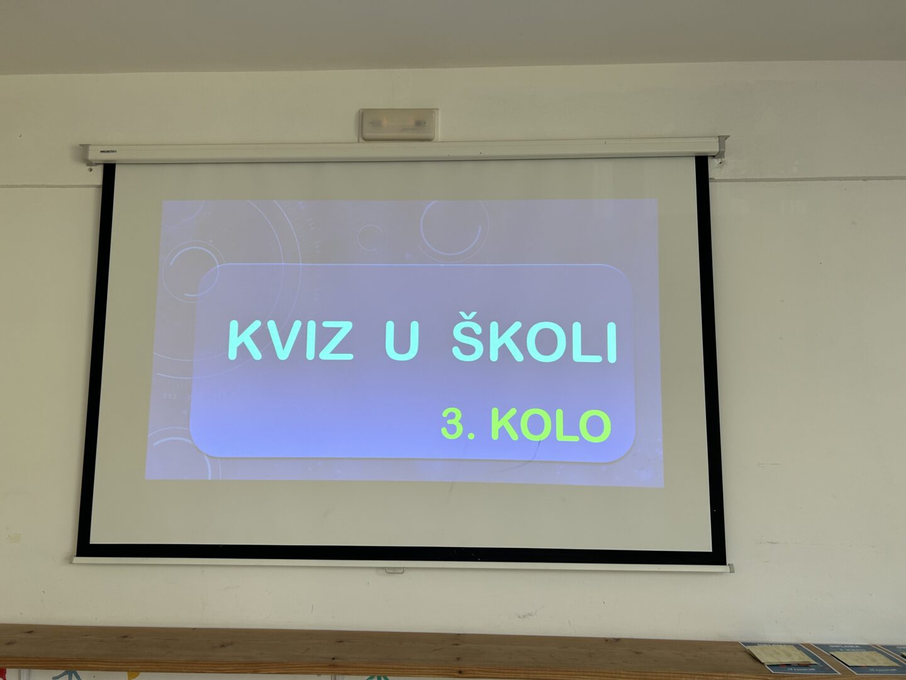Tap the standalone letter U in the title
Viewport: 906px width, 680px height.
[x=402, y=341]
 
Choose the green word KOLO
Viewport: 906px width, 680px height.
[x=551, y=426]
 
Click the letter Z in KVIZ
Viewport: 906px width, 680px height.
[x=335, y=341]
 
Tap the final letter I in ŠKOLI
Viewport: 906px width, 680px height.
[x=613, y=343]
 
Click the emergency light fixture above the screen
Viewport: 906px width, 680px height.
[x=399, y=124]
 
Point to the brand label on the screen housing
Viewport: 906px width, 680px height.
[x=108, y=151]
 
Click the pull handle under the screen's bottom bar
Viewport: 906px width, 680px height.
[x=394, y=570]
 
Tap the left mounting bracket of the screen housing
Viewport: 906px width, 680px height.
[x=87, y=155]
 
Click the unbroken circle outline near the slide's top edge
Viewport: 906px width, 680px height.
[x=370, y=238]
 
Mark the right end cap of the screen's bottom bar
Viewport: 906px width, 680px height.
[x=730, y=568]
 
